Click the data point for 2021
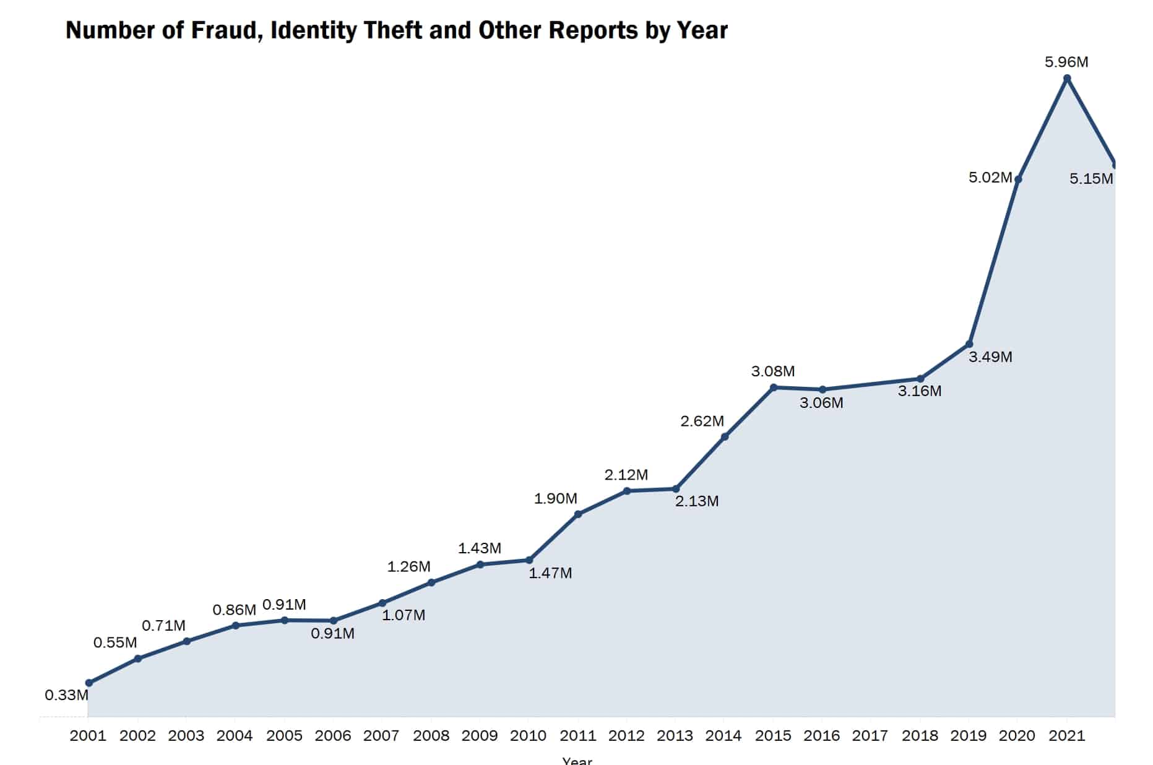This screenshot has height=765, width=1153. click(1067, 79)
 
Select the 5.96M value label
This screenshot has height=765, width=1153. click(1066, 62)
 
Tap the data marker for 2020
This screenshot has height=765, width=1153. click(1018, 179)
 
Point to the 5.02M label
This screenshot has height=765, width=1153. click(990, 178)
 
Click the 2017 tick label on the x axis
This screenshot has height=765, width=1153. click(870, 736)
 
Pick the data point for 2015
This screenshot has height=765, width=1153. click(774, 387)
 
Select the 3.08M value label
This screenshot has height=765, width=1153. click(773, 371)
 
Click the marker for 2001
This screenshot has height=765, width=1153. click(89, 683)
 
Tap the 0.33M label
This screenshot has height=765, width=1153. click(66, 695)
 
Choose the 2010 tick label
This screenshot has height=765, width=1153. click(528, 736)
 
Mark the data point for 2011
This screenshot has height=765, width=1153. click(578, 514)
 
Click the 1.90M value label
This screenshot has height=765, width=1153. click(556, 498)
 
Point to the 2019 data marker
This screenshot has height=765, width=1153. click(969, 344)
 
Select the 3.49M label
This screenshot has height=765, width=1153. click(990, 357)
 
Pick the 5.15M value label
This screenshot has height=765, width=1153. click(1091, 179)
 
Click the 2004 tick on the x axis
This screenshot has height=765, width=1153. click(235, 736)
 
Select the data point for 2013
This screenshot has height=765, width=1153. click(676, 489)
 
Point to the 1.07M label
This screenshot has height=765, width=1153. click(404, 615)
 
